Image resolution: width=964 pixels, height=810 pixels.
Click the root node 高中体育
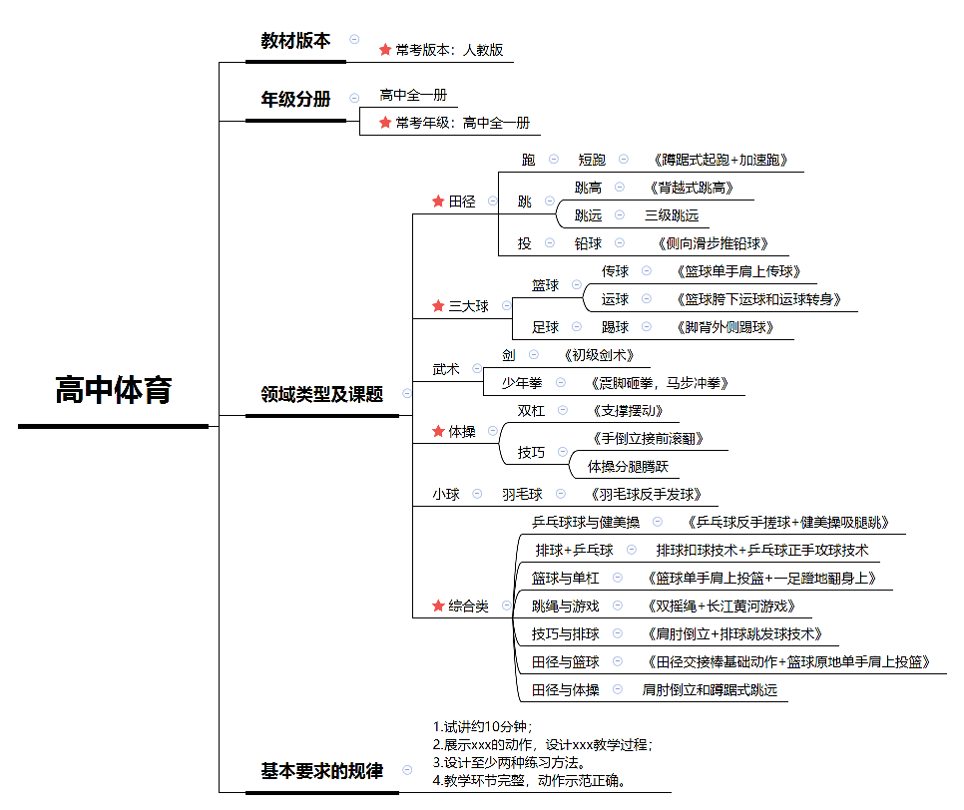pos(113,391)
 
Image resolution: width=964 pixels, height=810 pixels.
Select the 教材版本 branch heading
pos(295,41)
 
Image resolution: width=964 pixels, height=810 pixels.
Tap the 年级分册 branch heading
pos(295,99)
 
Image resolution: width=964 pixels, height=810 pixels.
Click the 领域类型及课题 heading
pos(321,394)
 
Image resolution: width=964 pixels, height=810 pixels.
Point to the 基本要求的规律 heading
pos(321,771)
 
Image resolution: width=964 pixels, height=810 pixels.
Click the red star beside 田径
pos(438,202)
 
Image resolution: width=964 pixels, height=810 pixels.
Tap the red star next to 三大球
pos(438,306)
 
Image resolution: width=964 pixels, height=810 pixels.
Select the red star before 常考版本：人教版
pos(385,49)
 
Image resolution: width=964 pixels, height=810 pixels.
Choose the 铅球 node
pos(588,243)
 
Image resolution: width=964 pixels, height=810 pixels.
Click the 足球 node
pos(545,327)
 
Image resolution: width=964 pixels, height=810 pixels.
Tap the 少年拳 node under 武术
pos(521,383)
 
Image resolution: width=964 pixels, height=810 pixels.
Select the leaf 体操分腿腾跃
pos(628,466)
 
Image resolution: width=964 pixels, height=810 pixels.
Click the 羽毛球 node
pos(522,494)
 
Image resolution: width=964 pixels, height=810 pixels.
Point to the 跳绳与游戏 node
pos(565,606)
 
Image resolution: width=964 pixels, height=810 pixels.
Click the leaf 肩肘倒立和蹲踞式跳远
pos(710,689)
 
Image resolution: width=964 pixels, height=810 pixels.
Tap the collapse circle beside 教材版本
pos(354,39)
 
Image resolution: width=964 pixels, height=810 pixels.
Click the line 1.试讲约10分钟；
pos(483,726)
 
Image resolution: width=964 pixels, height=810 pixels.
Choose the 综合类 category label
pos(468,606)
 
